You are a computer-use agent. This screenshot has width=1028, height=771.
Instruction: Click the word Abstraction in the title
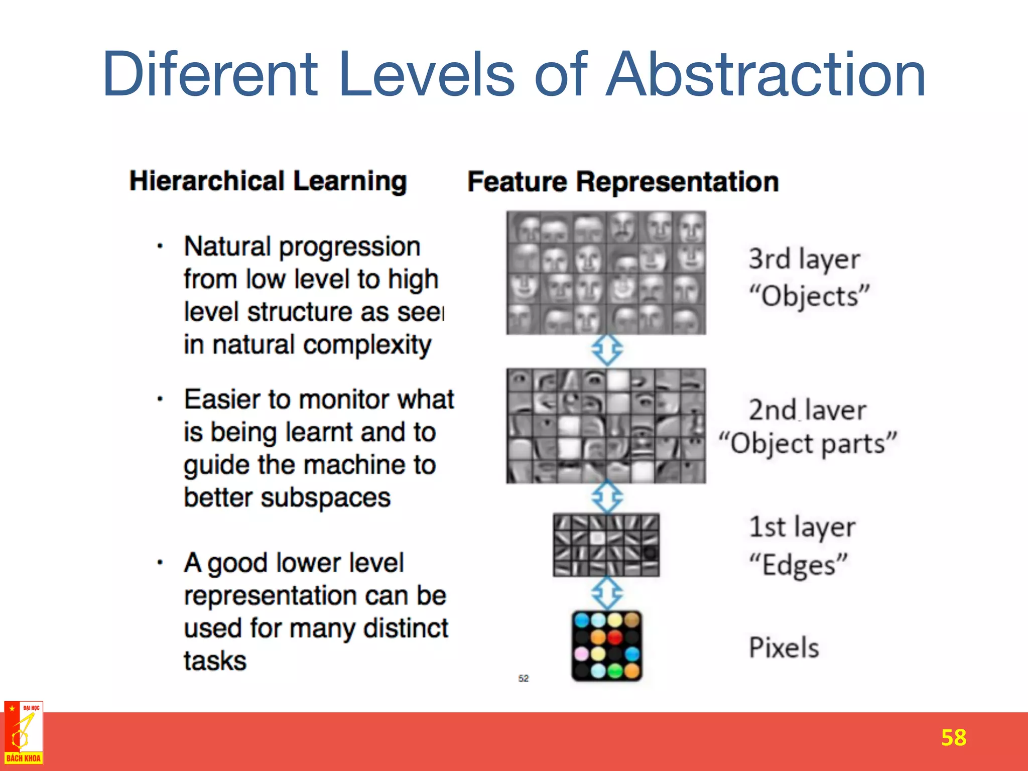click(765, 75)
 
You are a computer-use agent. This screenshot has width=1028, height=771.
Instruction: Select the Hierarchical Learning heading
click(268, 181)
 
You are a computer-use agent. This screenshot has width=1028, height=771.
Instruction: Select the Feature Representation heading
click(623, 182)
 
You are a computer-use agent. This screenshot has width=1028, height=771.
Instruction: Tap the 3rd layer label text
click(804, 260)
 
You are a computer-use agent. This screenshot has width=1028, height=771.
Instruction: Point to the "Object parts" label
click(808, 444)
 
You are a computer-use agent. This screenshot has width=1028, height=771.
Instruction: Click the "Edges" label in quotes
click(799, 565)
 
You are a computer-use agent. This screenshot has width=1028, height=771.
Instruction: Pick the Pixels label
click(784, 648)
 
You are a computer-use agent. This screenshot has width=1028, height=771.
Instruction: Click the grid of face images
click(606, 273)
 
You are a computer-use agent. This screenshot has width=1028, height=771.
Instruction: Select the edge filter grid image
click(606, 545)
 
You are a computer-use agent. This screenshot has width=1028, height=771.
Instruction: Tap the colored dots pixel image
click(606, 646)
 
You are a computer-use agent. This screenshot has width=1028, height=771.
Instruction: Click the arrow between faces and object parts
click(607, 350)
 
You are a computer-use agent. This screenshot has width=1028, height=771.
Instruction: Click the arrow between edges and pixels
click(607, 593)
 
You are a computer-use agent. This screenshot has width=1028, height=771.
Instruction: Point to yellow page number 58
click(953, 738)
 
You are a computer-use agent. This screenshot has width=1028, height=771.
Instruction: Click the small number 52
click(523, 679)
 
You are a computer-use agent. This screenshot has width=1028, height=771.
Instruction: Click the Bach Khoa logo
click(24, 733)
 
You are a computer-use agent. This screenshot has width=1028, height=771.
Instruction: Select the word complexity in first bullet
click(367, 345)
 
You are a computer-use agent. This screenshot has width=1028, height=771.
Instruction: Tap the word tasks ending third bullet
click(215, 661)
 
